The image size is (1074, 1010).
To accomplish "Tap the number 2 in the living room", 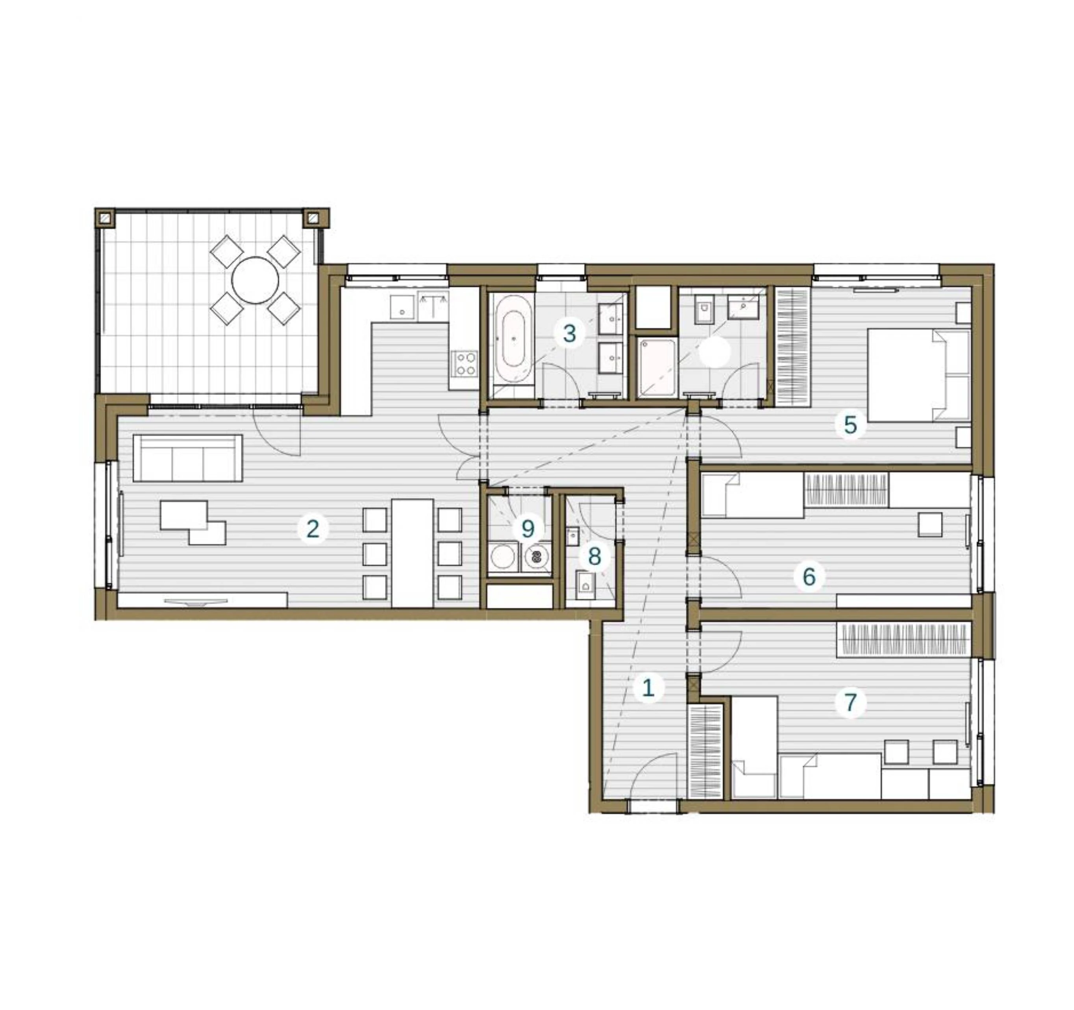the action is pos(313,529).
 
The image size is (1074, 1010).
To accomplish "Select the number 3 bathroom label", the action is pos(569,334).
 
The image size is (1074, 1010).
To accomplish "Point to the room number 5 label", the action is pos(850,425).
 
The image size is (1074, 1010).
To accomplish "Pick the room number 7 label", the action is pos(850,702).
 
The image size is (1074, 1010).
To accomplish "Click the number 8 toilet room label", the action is pos(594,556).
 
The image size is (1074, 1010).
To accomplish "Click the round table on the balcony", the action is pos(255,280).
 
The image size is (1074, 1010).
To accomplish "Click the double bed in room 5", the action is pos(918,375).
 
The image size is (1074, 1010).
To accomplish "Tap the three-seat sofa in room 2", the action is pos(187,458).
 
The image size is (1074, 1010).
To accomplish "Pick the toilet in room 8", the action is pos(585,584).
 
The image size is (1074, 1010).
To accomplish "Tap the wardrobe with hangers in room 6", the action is pos(846,489).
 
